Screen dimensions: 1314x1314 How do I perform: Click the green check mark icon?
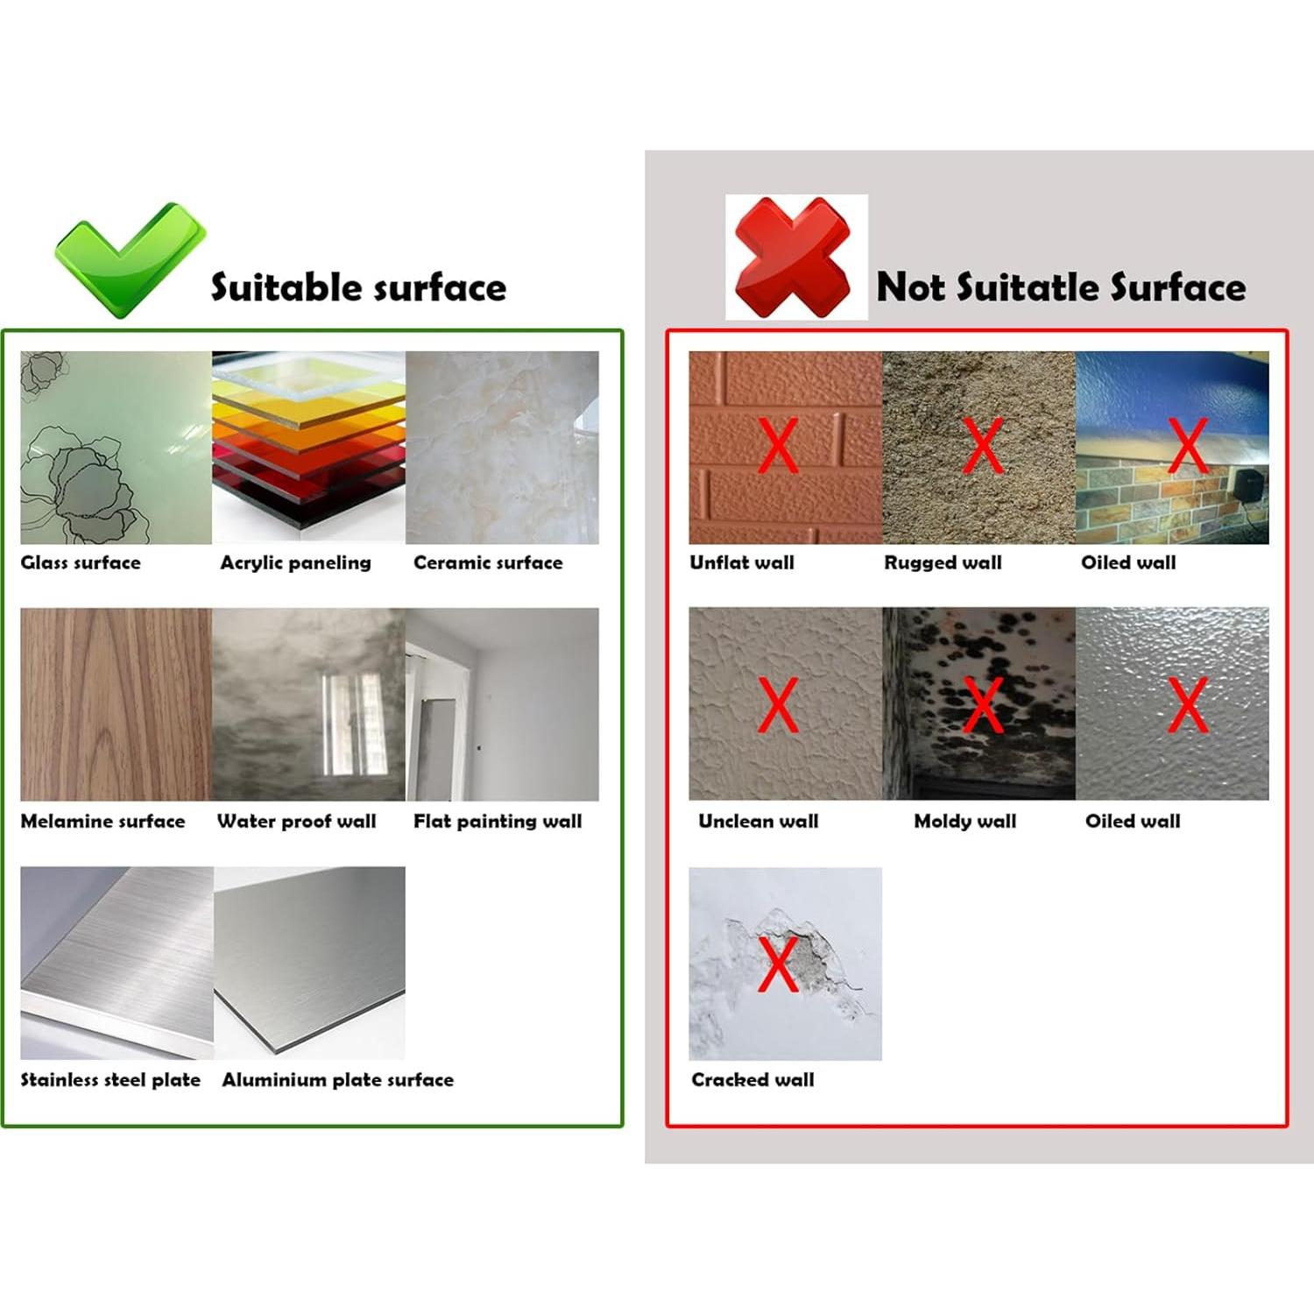point(130,259)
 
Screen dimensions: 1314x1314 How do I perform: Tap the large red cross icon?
point(793,258)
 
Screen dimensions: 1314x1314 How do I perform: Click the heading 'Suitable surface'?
point(358,287)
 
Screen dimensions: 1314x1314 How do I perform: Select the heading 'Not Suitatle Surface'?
point(1061,287)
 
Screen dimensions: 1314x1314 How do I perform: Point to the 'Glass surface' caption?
point(81,562)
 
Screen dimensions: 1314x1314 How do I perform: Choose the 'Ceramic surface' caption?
point(488,562)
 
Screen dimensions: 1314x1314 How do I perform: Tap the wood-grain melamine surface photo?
point(116,704)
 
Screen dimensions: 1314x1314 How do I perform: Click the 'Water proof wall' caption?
point(296,821)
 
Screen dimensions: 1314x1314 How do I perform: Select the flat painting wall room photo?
point(503,704)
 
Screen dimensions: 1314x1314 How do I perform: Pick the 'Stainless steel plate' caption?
point(110,1079)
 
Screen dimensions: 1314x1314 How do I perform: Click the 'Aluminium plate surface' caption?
point(337,1079)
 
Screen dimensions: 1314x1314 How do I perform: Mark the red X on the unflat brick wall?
point(778,445)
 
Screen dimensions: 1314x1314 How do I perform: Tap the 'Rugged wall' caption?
point(943,562)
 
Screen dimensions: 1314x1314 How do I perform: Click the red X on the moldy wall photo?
point(983,704)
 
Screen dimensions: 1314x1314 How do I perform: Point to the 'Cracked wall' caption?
point(752,1079)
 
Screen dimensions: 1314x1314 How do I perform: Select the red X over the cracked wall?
point(778,964)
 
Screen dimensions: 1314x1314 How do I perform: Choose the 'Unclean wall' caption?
point(758,821)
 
